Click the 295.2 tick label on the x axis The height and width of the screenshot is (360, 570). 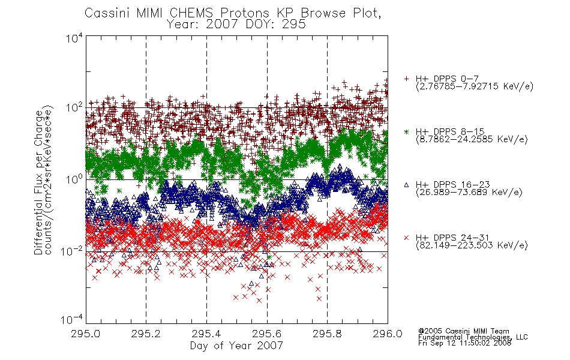tap(146, 334)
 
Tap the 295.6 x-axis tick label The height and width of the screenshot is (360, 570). tap(267, 334)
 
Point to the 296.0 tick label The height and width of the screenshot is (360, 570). tap(388, 334)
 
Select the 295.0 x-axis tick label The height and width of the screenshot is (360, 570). tap(85, 334)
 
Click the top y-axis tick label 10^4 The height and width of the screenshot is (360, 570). tap(74, 38)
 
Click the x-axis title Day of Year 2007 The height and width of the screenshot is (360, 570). tap(236, 346)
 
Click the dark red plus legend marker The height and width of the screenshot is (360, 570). tap(406, 79)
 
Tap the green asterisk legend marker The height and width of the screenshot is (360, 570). tap(406, 131)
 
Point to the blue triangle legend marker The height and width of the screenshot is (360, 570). tap(406, 185)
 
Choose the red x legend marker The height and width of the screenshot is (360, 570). tap(406, 238)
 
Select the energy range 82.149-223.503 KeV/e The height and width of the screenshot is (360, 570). tap(472, 245)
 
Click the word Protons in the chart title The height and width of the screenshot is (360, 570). tap(244, 13)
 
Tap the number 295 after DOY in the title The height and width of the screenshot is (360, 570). tap(295, 25)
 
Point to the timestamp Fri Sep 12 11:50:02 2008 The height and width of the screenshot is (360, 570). tap(464, 343)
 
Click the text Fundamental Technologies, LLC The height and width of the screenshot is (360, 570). tap(473, 337)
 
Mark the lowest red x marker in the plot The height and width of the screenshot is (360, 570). tap(259, 301)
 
